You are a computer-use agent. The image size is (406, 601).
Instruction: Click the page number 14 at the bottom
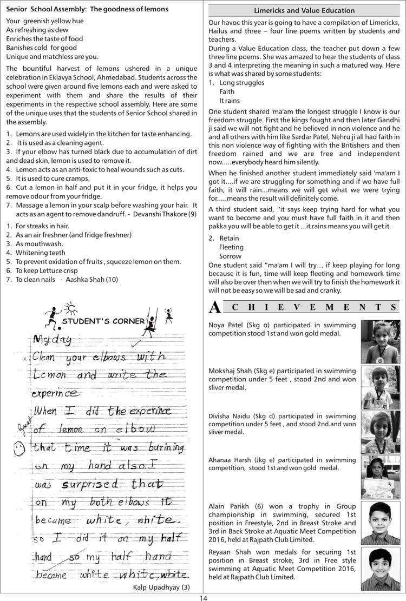203,597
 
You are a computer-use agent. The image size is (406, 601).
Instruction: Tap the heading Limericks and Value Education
304,10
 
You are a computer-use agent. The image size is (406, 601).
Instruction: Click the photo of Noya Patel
380,342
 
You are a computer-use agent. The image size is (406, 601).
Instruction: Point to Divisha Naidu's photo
380,432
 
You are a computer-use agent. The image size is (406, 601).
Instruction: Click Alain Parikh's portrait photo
380,522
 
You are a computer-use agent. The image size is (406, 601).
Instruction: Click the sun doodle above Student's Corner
71,308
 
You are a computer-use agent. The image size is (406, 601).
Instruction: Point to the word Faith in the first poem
227,92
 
